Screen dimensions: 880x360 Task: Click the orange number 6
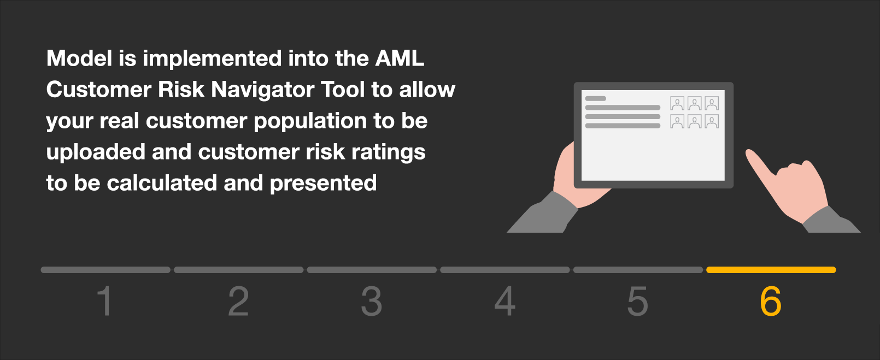[770, 301]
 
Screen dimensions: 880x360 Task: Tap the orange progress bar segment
[771, 270]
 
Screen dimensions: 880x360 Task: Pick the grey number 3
[371, 301]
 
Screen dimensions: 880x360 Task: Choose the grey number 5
[637, 301]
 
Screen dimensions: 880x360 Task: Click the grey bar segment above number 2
[238, 270]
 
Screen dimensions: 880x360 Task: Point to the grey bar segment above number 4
[505, 270]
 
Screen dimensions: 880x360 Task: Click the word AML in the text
[400, 58]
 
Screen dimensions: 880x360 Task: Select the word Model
[79, 58]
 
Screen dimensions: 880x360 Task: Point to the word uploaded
[96, 152]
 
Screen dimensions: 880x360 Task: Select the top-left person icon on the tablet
[677, 103]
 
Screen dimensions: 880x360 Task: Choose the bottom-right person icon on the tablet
[712, 121]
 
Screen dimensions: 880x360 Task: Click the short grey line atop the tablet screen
[596, 98]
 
